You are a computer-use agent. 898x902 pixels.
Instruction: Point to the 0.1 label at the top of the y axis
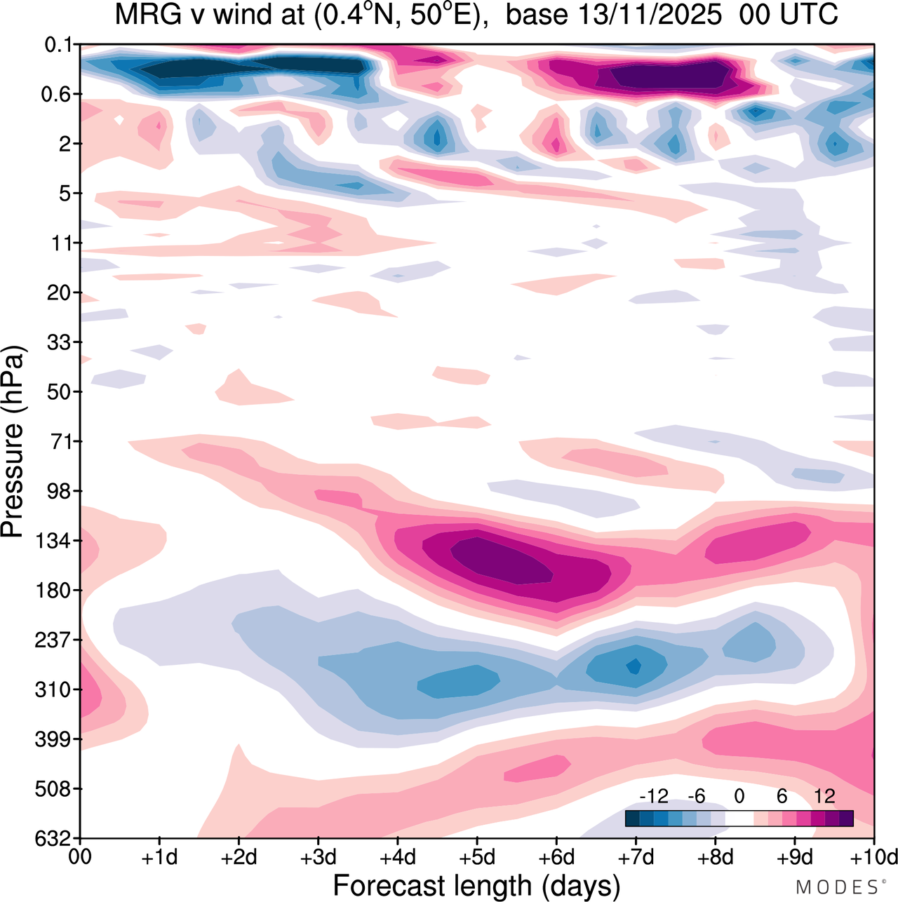click(59, 46)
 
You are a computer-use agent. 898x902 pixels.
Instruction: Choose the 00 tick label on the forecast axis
click(81, 858)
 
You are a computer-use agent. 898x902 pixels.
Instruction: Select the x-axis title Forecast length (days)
click(476, 886)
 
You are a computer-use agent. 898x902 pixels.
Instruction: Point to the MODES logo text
click(837, 887)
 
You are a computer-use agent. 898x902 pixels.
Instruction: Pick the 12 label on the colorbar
click(824, 796)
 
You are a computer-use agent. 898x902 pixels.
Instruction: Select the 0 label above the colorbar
click(739, 796)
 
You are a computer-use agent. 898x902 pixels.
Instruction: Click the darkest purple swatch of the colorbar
click(846, 818)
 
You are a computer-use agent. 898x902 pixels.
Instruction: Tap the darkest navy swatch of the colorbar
click(632, 818)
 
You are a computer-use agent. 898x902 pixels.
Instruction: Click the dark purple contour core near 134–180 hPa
click(502, 559)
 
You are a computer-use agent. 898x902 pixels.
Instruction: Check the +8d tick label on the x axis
click(715, 858)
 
